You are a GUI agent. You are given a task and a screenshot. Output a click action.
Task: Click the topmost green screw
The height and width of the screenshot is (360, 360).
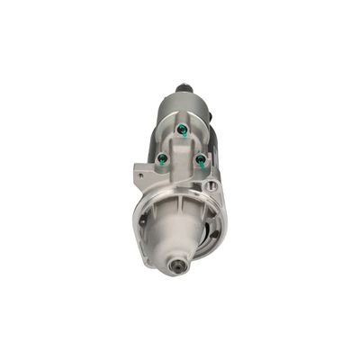(x=182, y=130)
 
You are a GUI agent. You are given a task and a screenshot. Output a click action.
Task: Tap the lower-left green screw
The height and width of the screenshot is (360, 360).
(x=163, y=159)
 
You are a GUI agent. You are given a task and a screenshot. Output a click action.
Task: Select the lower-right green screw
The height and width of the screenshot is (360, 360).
(x=200, y=159)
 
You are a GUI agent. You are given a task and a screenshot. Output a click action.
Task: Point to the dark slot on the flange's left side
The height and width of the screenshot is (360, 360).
(x=142, y=219)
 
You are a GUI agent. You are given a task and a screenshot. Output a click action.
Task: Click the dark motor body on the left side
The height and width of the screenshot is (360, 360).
(x=151, y=135)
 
